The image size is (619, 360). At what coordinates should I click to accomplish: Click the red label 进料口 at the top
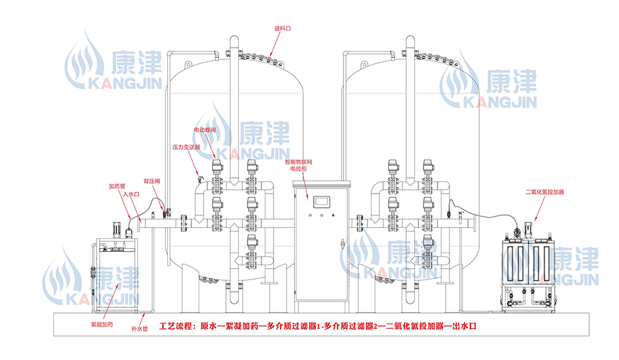[283, 28]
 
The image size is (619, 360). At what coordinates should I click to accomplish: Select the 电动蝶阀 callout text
[204, 131]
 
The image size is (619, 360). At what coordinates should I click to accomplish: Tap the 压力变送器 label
[186, 148]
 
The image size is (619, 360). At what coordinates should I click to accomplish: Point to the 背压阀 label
[152, 181]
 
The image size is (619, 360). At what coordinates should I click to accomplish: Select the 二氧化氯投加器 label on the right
[545, 192]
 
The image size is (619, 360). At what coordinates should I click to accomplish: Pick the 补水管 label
[140, 330]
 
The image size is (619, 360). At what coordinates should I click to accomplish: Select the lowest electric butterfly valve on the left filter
[252, 242]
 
